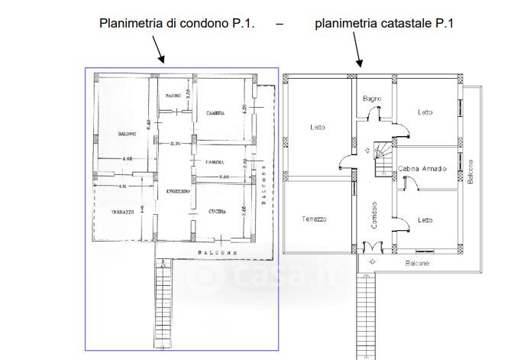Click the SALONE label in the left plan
126,135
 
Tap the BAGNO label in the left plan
173,96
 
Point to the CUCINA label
216,212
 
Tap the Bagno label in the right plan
372,99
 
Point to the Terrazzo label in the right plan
314,219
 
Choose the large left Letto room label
318,128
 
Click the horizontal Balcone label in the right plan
417,263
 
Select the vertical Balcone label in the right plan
471,172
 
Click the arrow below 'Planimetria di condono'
158,50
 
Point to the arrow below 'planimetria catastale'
357,52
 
